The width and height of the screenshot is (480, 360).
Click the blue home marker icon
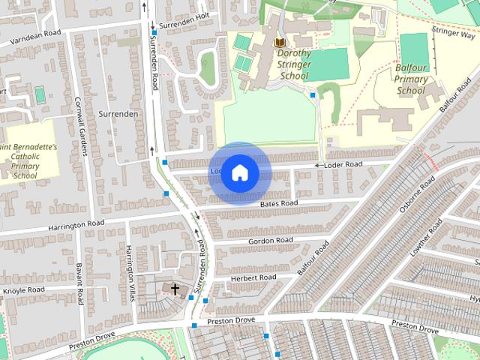239,173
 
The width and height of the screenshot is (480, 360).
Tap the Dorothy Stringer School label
293,64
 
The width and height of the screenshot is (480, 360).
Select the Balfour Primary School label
411,79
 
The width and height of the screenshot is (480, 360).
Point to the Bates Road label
279,203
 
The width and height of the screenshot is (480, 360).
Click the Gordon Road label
270,240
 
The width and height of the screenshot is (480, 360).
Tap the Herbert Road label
253,277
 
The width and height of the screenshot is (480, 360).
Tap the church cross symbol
175,289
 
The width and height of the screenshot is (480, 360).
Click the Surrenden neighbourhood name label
118,114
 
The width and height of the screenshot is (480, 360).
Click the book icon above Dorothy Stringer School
279,43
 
